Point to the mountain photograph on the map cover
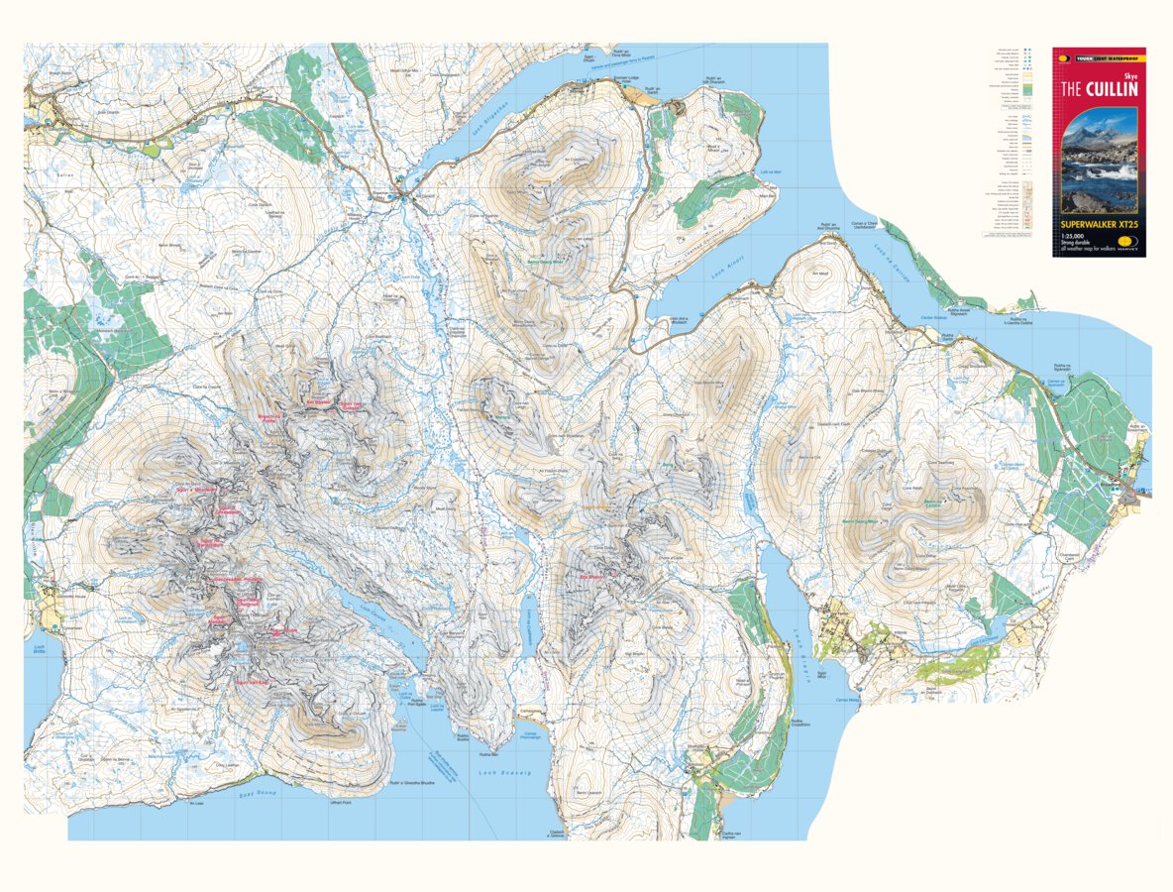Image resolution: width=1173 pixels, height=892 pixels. coord(1099,164)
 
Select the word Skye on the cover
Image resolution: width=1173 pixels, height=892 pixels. coord(1127,73)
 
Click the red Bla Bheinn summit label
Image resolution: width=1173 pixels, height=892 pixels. coord(591,576)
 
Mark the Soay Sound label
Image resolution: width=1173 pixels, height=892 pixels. coord(254,793)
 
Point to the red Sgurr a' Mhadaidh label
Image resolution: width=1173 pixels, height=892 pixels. coord(195,489)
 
